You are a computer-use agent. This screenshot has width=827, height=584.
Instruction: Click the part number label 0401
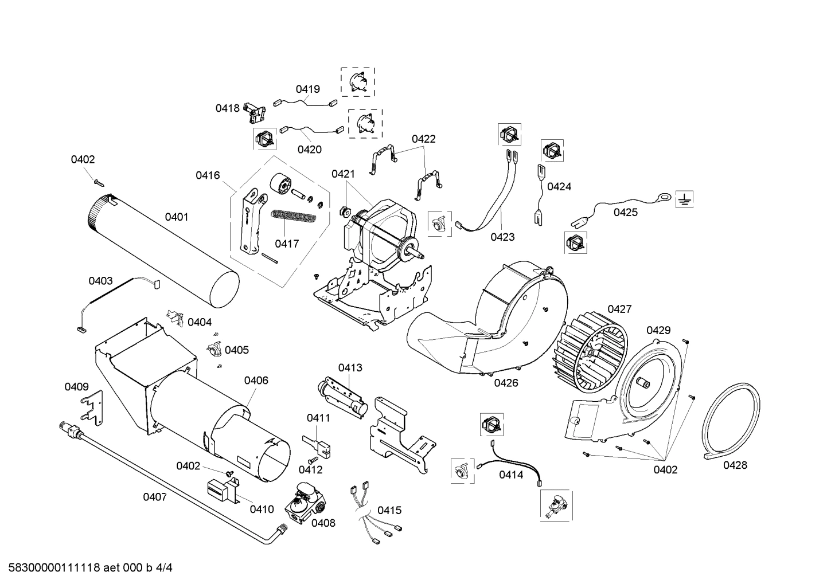(x=176, y=217)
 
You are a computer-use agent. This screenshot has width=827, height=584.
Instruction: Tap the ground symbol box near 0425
(x=684, y=199)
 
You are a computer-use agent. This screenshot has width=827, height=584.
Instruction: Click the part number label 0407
(x=155, y=497)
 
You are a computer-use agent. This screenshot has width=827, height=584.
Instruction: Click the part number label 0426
(x=505, y=383)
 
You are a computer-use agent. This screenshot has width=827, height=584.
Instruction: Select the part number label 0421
(x=343, y=174)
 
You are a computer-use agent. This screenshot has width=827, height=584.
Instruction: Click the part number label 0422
(x=423, y=139)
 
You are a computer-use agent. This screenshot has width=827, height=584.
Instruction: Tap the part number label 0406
(x=256, y=380)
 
